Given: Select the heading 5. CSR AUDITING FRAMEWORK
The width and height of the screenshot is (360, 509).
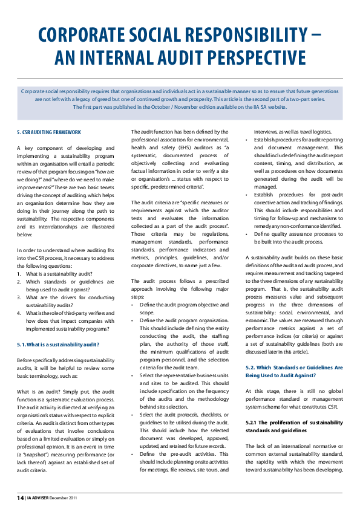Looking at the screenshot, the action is point(48,131).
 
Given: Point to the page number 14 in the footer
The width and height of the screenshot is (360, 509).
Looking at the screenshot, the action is point(20,498).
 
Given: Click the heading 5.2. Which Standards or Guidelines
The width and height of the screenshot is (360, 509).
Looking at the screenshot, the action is point(293,367).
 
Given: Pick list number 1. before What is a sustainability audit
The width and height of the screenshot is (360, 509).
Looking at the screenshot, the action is point(19,273).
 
